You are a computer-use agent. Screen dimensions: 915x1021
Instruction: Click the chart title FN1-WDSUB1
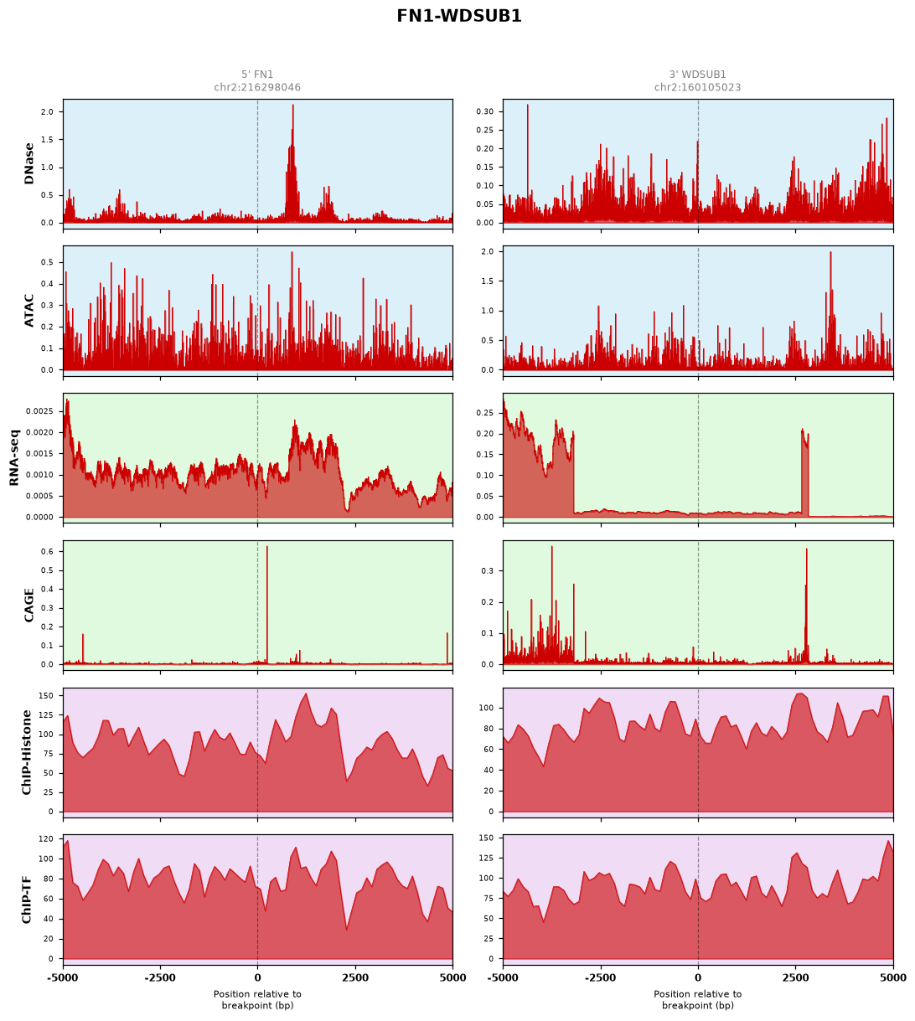459,16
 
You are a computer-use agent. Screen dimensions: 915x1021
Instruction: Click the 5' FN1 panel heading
257,74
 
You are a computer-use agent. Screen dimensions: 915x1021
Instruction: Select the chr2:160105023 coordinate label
697,87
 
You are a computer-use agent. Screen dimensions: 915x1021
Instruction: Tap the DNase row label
29,164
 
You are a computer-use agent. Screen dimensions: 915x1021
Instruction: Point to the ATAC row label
29,311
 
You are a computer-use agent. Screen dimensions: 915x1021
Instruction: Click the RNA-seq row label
14,457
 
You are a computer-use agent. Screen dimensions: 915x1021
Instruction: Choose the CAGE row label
29,605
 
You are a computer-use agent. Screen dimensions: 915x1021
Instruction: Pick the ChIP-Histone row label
26,752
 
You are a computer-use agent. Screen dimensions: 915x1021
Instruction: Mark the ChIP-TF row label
26,900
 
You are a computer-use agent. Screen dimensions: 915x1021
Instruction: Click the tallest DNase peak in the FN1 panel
293,106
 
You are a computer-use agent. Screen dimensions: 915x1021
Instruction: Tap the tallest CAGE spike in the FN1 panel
266,547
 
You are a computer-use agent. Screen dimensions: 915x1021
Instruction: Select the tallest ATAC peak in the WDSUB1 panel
830,253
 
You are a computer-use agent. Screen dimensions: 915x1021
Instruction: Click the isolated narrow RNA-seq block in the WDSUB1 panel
804,474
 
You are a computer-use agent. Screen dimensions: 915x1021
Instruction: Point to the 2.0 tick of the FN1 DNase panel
47,112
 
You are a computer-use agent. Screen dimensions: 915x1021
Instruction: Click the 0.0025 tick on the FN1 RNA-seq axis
39,411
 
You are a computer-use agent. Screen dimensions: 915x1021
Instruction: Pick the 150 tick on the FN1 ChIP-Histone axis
46,695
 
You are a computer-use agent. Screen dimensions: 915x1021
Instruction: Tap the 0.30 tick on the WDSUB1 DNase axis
484,111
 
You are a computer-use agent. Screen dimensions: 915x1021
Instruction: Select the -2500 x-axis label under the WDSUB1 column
600,978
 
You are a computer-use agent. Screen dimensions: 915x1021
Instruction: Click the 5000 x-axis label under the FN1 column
452,978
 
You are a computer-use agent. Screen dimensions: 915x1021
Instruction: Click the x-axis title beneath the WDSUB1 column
697,1000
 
